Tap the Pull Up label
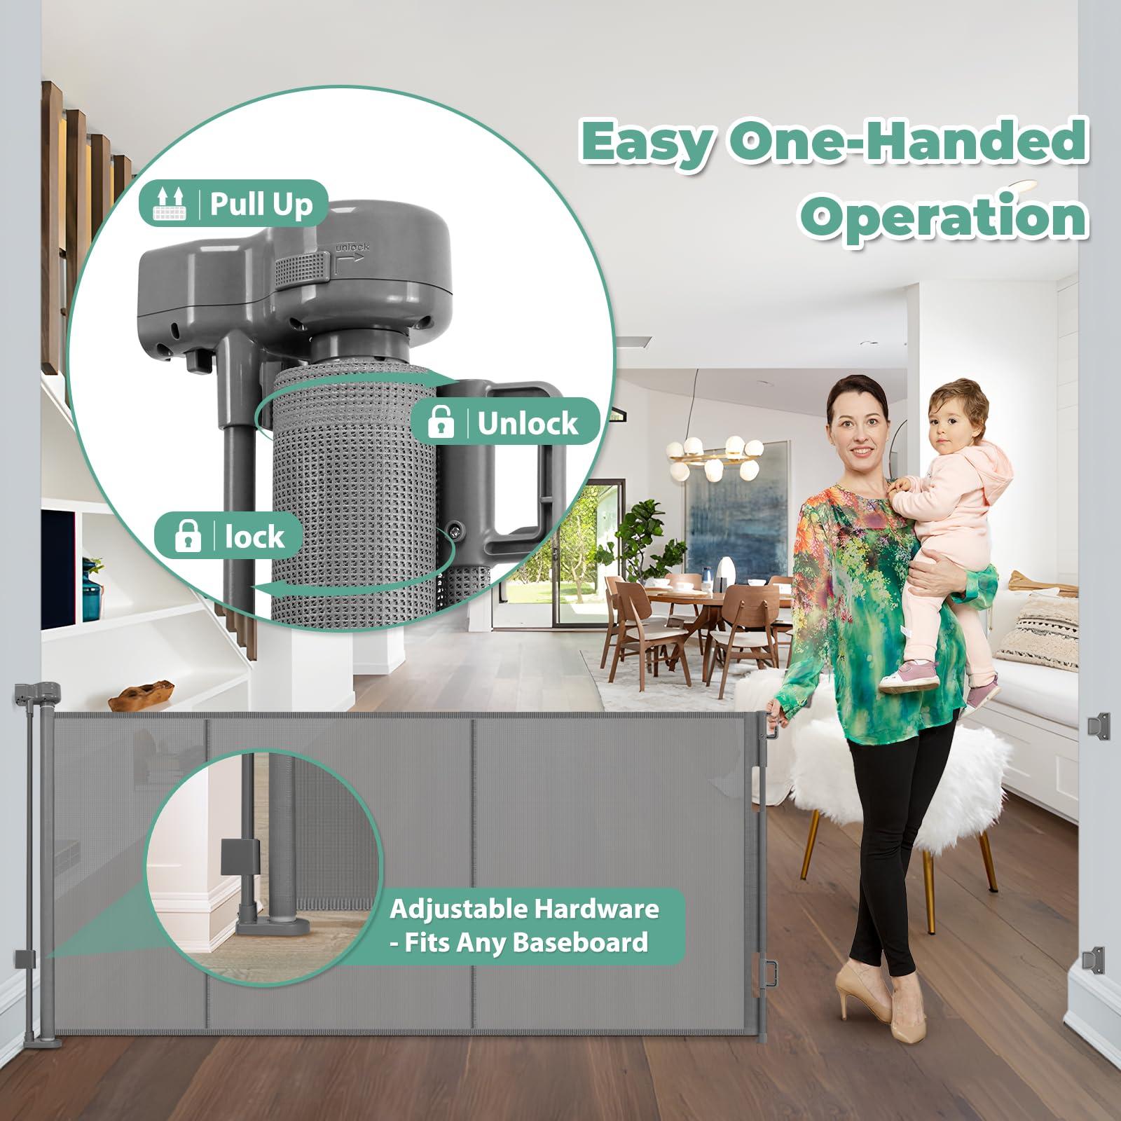point(234,204)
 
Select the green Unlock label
point(504,422)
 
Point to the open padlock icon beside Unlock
point(440,422)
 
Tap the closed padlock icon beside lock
point(187,537)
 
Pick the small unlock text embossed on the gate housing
point(352,247)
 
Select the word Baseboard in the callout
point(580,942)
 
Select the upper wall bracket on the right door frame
point(1098,727)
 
